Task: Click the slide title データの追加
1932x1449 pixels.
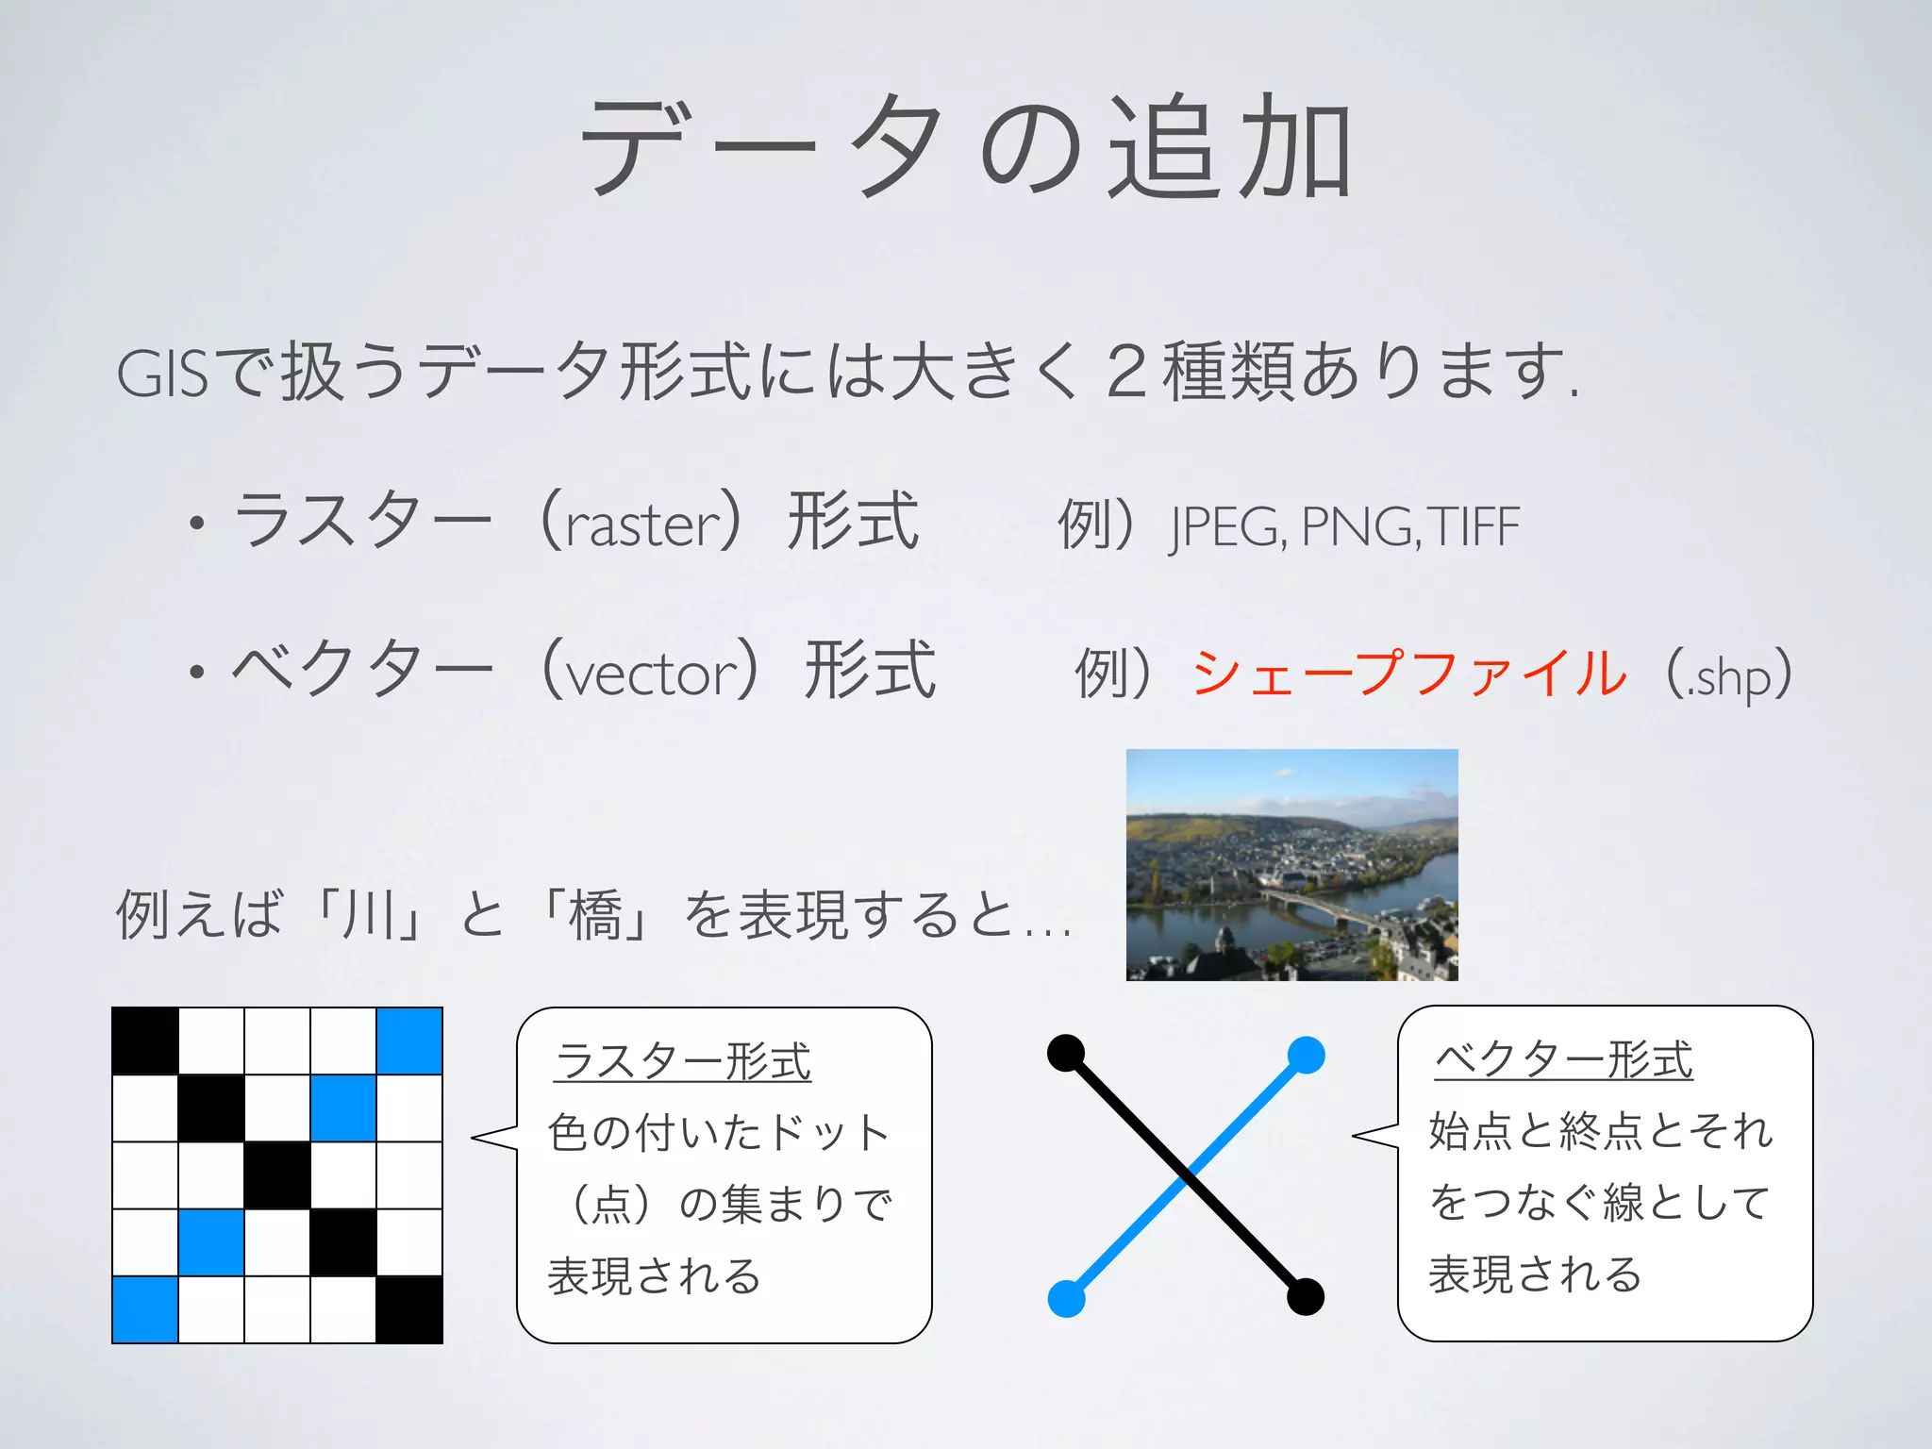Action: pyautogui.click(x=966, y=149)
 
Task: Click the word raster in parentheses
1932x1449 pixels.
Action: pyautogui.click(x=643, y=525)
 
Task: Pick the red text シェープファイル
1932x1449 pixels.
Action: pyautogui.click(x=1409, y=674)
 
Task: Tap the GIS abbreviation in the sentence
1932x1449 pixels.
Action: pyautogui.click(x=160, y=374)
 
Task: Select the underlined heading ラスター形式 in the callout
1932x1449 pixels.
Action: pyautogui.click(x=683, y=1061)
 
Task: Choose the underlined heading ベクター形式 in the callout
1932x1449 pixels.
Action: pyautogui.click(x=1563, y=1059)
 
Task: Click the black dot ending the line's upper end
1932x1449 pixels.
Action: pyautogui.click(x=1066, y=1053)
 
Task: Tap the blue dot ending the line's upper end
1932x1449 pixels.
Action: pyautogui.click(x=1306, y=1055)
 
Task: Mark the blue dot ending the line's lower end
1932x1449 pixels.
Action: pyautogui.click(x=1067, y=1298)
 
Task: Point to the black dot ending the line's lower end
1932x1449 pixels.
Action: pyautogui.click(x=1306, y=1296)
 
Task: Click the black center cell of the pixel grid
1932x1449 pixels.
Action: pyautogui.click(x=277, y=1175)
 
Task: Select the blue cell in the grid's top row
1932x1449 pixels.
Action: pyautogui.click(x=409, y=1041)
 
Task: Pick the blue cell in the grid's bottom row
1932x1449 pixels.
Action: pyautogui.click(x=145, y=1309)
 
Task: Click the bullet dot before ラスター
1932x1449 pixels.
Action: pyautogui.click(x=196, y=524)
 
